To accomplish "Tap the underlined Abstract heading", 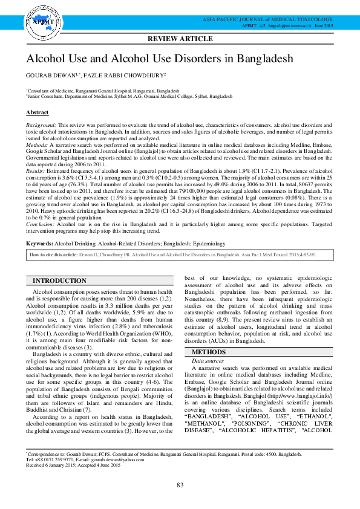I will tap(37, 112).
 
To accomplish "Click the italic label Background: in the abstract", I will tap(41, 123).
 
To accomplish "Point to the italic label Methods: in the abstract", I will tap(38, 146).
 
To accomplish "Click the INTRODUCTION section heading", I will tap(59, 281).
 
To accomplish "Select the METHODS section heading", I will tap(208, 352).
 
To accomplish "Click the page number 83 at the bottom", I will tap(180, 485).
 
